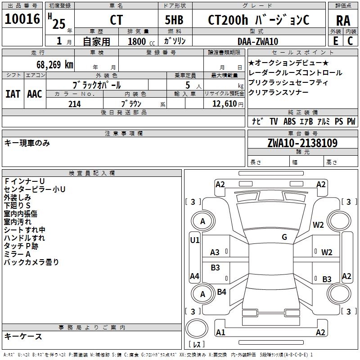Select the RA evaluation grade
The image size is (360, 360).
[343, 20]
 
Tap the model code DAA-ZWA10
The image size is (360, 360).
[258, 41]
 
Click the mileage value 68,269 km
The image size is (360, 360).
[50, 64]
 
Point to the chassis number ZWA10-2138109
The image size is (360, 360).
[302, 143]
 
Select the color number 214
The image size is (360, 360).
[75, 104]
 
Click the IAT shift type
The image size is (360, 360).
[13, 94]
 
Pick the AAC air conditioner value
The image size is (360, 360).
[34, 94]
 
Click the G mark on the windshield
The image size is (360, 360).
[284, 237]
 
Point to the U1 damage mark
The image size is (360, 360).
[195, 240]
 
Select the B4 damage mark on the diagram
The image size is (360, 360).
[221, 292]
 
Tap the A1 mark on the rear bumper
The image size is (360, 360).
[220, 333]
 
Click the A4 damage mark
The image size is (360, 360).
[194, 276]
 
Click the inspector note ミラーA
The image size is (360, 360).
[17, 254]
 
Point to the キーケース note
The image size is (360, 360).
[23, 337]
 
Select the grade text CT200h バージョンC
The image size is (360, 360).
[258, 20]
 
